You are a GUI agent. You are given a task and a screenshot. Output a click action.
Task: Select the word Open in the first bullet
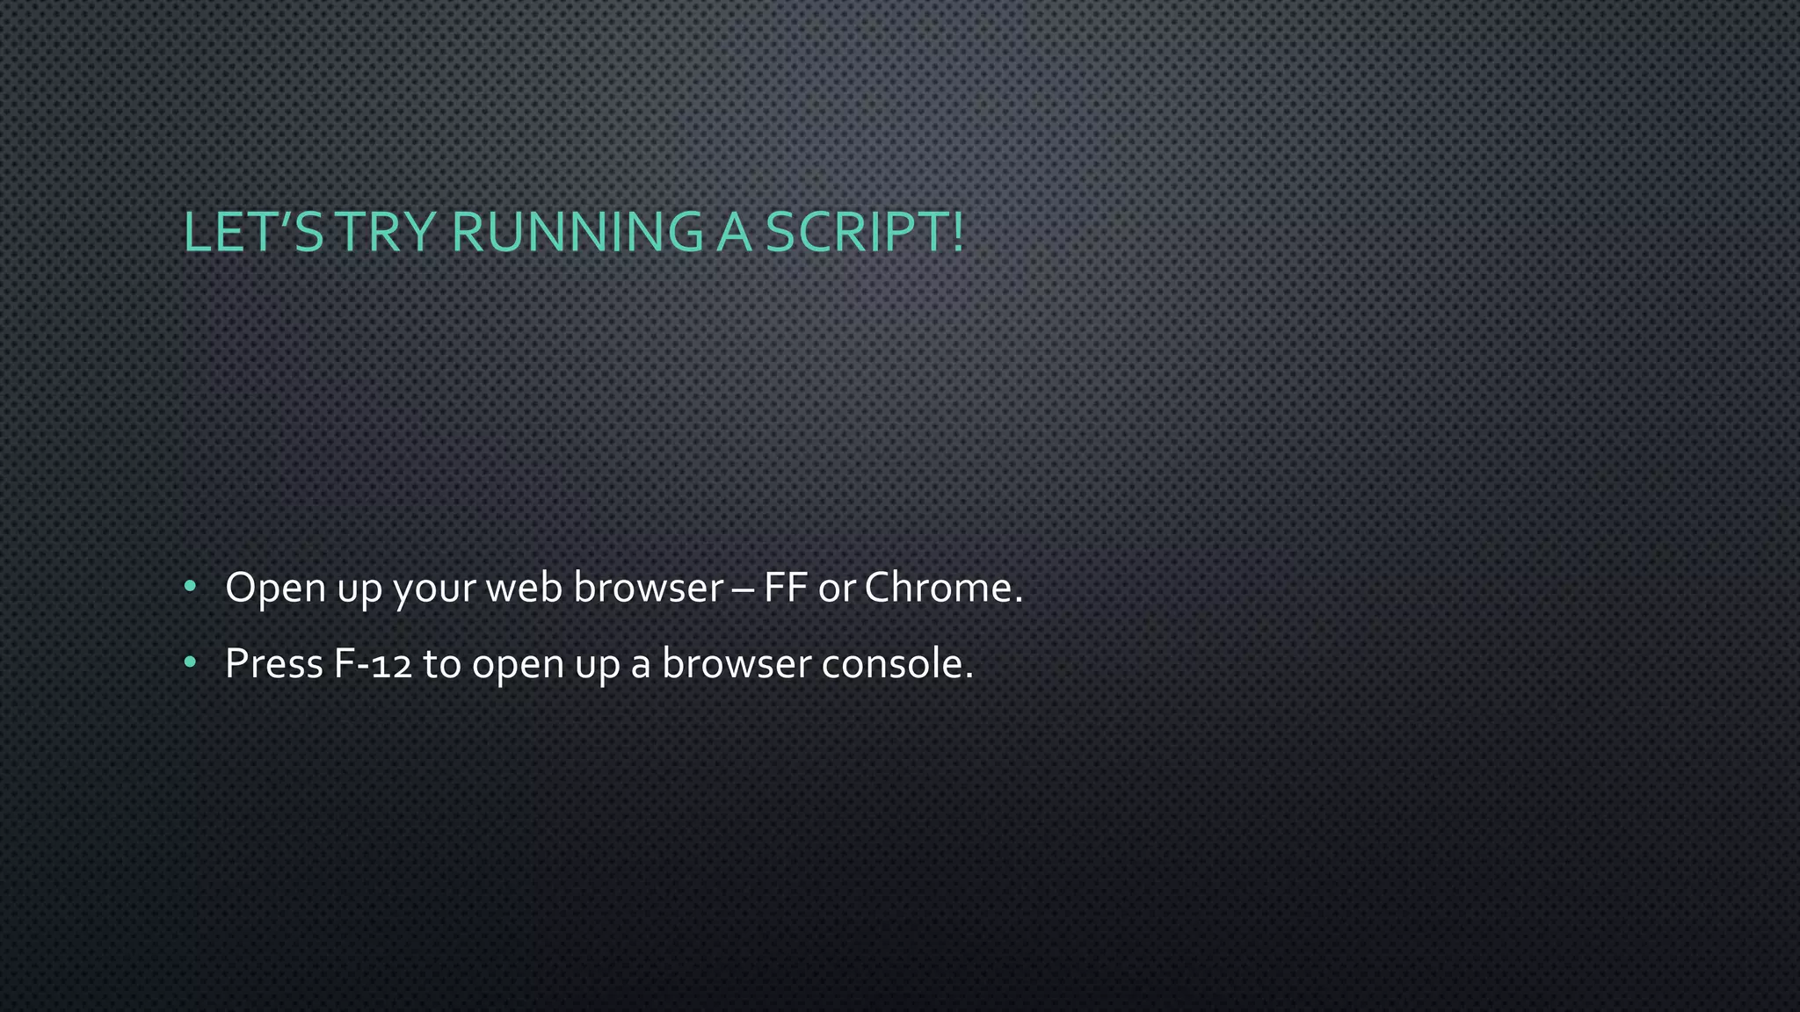[275, 588]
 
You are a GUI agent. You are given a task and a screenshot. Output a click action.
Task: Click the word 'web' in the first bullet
[524, 588]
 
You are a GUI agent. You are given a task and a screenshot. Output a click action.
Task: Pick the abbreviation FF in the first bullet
[785, 588]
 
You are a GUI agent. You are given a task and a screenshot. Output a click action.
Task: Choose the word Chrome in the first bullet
[938, 588]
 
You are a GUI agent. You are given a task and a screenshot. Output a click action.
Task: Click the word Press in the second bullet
[274, 664]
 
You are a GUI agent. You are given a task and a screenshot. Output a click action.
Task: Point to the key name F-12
[373, 664]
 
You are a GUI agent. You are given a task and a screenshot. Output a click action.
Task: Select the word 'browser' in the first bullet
[648, 588]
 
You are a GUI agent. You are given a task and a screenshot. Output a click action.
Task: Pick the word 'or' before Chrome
[836, 589]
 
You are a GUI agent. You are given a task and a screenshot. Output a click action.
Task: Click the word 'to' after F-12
[442, 664]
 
